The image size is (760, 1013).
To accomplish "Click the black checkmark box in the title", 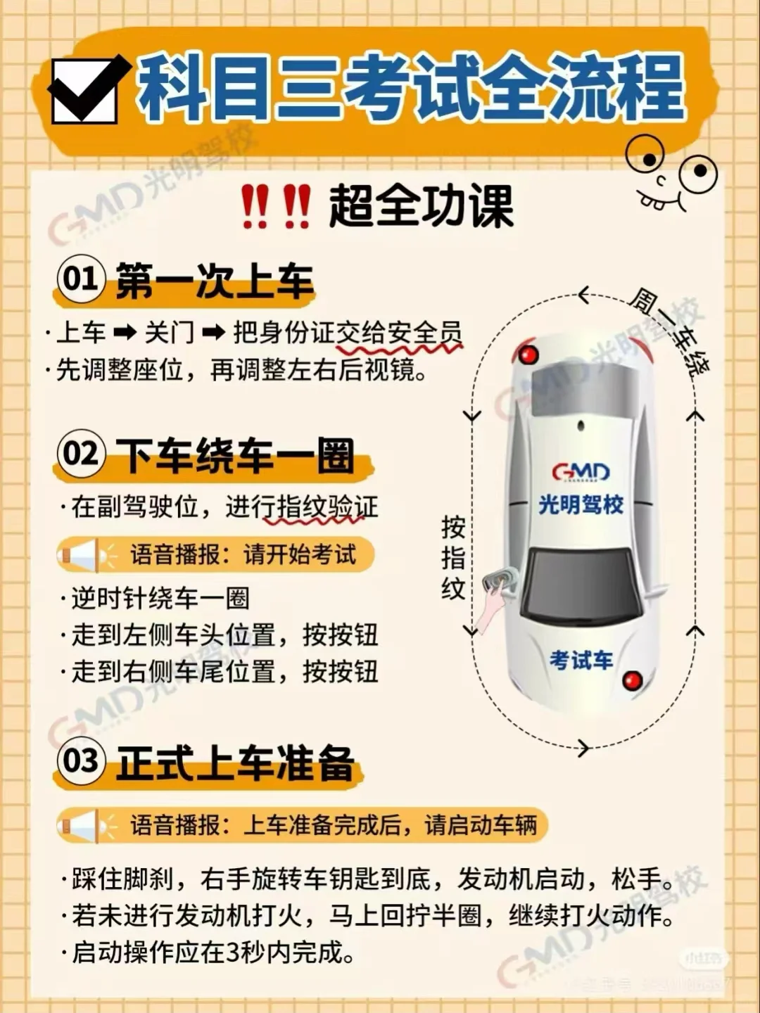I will [86, 90].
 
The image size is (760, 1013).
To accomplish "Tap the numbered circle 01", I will [81, 279].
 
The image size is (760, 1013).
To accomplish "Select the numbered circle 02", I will [81, 454].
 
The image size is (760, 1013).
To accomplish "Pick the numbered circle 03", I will [81, 761].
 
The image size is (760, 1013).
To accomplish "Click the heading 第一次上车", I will [214, 281].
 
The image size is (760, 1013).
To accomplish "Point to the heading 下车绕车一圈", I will [235, 455].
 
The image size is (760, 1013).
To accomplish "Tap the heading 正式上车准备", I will [235, 763].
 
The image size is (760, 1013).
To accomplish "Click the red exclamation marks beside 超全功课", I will [276, 206].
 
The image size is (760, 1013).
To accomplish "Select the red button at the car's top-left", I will [528, 354].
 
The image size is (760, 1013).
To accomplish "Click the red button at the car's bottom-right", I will [633, 680].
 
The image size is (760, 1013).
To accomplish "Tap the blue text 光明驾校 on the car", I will [581, 504].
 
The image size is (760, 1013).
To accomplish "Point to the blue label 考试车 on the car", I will [581, 660].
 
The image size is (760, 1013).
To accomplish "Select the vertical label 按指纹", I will [452, 557].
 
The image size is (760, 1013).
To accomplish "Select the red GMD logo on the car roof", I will [581, 471].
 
